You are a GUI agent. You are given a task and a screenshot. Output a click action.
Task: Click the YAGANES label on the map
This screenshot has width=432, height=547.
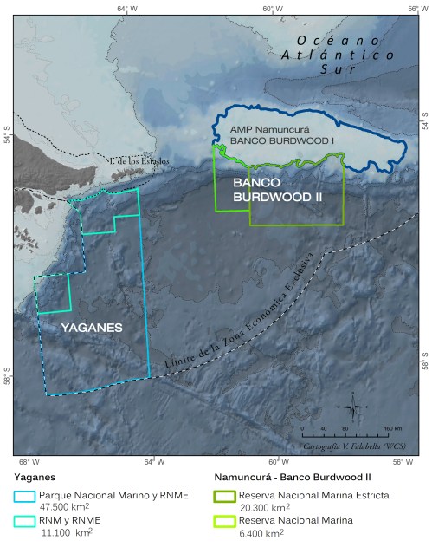point(91,328)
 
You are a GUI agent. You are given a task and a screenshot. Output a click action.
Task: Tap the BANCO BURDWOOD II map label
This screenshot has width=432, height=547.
point(278,191)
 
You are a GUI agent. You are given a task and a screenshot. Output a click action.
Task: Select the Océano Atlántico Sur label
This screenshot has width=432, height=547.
point(345,54)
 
